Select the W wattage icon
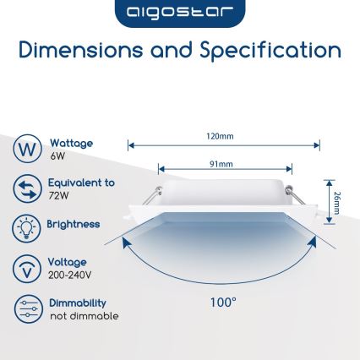(27, 150)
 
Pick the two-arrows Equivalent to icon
(27, 188)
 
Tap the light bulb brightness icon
(27, 228)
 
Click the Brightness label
(74, 225)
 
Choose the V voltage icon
(27, 268)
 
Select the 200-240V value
(69, 275)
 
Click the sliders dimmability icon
(27, 308)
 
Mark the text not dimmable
(84, 316)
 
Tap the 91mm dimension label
(221, 163)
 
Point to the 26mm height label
(337, 203)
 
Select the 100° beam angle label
(223, 301)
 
